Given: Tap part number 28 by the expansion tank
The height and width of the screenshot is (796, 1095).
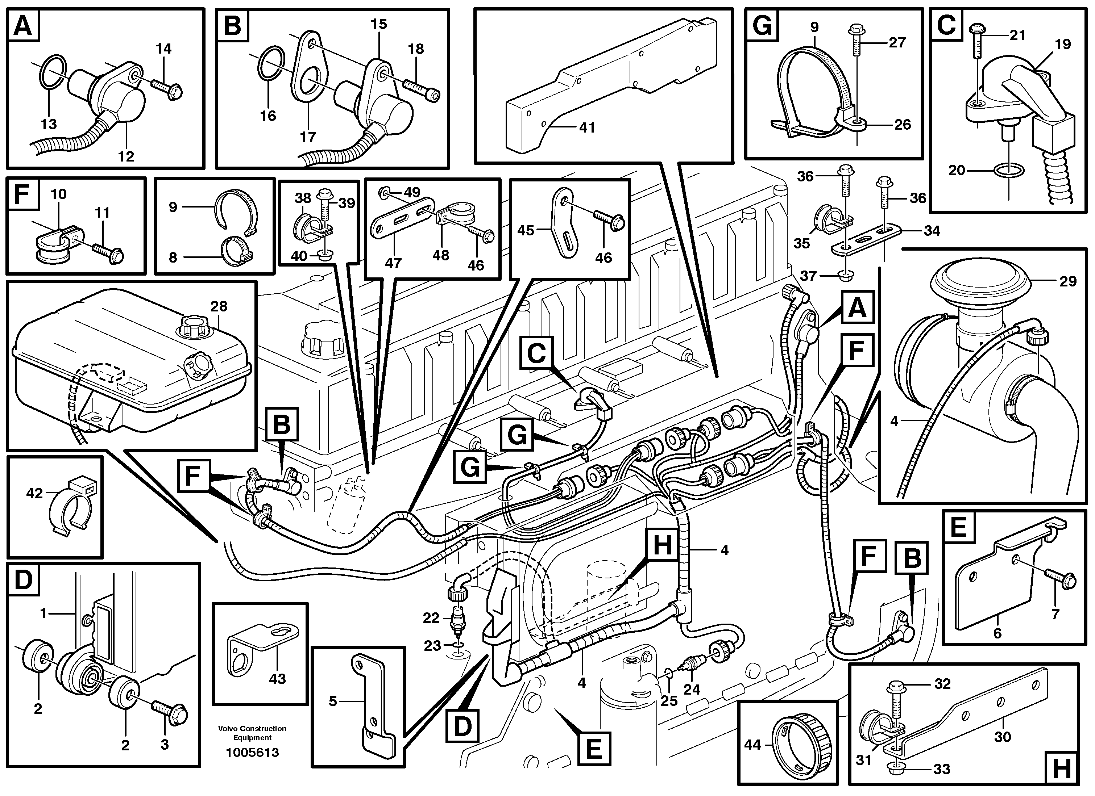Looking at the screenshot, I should tap(219, 307).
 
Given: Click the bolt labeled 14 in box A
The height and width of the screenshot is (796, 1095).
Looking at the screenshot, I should tap(167, 87).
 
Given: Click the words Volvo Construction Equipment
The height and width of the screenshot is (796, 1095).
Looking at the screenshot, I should tap(252, 733).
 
